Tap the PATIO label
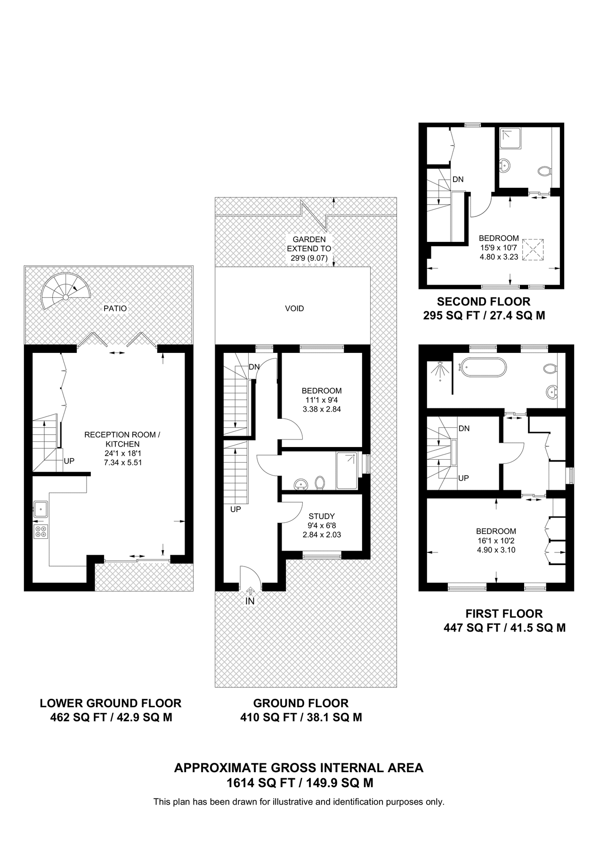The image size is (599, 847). pos(115,309)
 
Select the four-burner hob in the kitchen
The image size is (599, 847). pos(40,531)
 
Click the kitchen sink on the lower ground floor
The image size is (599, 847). pos(40,508)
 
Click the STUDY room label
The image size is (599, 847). pos(322,516)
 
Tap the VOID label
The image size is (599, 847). pos(294,309)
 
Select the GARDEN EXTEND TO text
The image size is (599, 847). pos(309,248)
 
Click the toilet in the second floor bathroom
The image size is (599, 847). pos(545,171)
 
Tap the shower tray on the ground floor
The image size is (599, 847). pos(347,471)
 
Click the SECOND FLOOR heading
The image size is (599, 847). pos(484,302)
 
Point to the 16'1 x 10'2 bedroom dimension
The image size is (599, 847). pos(496,541)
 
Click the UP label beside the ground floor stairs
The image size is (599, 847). pos(235,509)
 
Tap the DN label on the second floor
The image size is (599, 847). pos(458,179)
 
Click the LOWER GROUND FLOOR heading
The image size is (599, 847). pos(111,703)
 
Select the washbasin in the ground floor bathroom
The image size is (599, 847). pos(300,484)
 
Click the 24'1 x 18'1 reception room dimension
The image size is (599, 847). pos(122,454)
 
